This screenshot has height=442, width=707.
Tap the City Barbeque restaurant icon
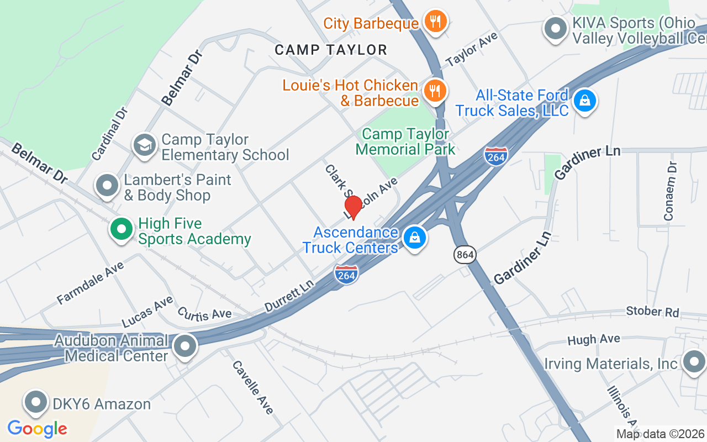[435, 22]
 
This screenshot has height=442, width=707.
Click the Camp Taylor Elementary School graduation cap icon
[144, 146]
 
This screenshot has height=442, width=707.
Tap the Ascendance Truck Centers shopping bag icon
[414, 238]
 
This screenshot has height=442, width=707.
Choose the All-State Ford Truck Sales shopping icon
[584, 101]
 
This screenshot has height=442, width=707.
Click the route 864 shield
[465, 255]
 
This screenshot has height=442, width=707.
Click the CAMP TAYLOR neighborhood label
[331, 50]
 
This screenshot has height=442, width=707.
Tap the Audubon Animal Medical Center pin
[185, 346]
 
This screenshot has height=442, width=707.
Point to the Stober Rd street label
[652, 312]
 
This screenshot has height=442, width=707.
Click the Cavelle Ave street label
[252, 387]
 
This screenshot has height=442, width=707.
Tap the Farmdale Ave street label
[90, 283]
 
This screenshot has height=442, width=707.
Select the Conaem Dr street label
[670, 191]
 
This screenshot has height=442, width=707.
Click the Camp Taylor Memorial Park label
[405, 141]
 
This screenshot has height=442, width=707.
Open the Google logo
[37, 428]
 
